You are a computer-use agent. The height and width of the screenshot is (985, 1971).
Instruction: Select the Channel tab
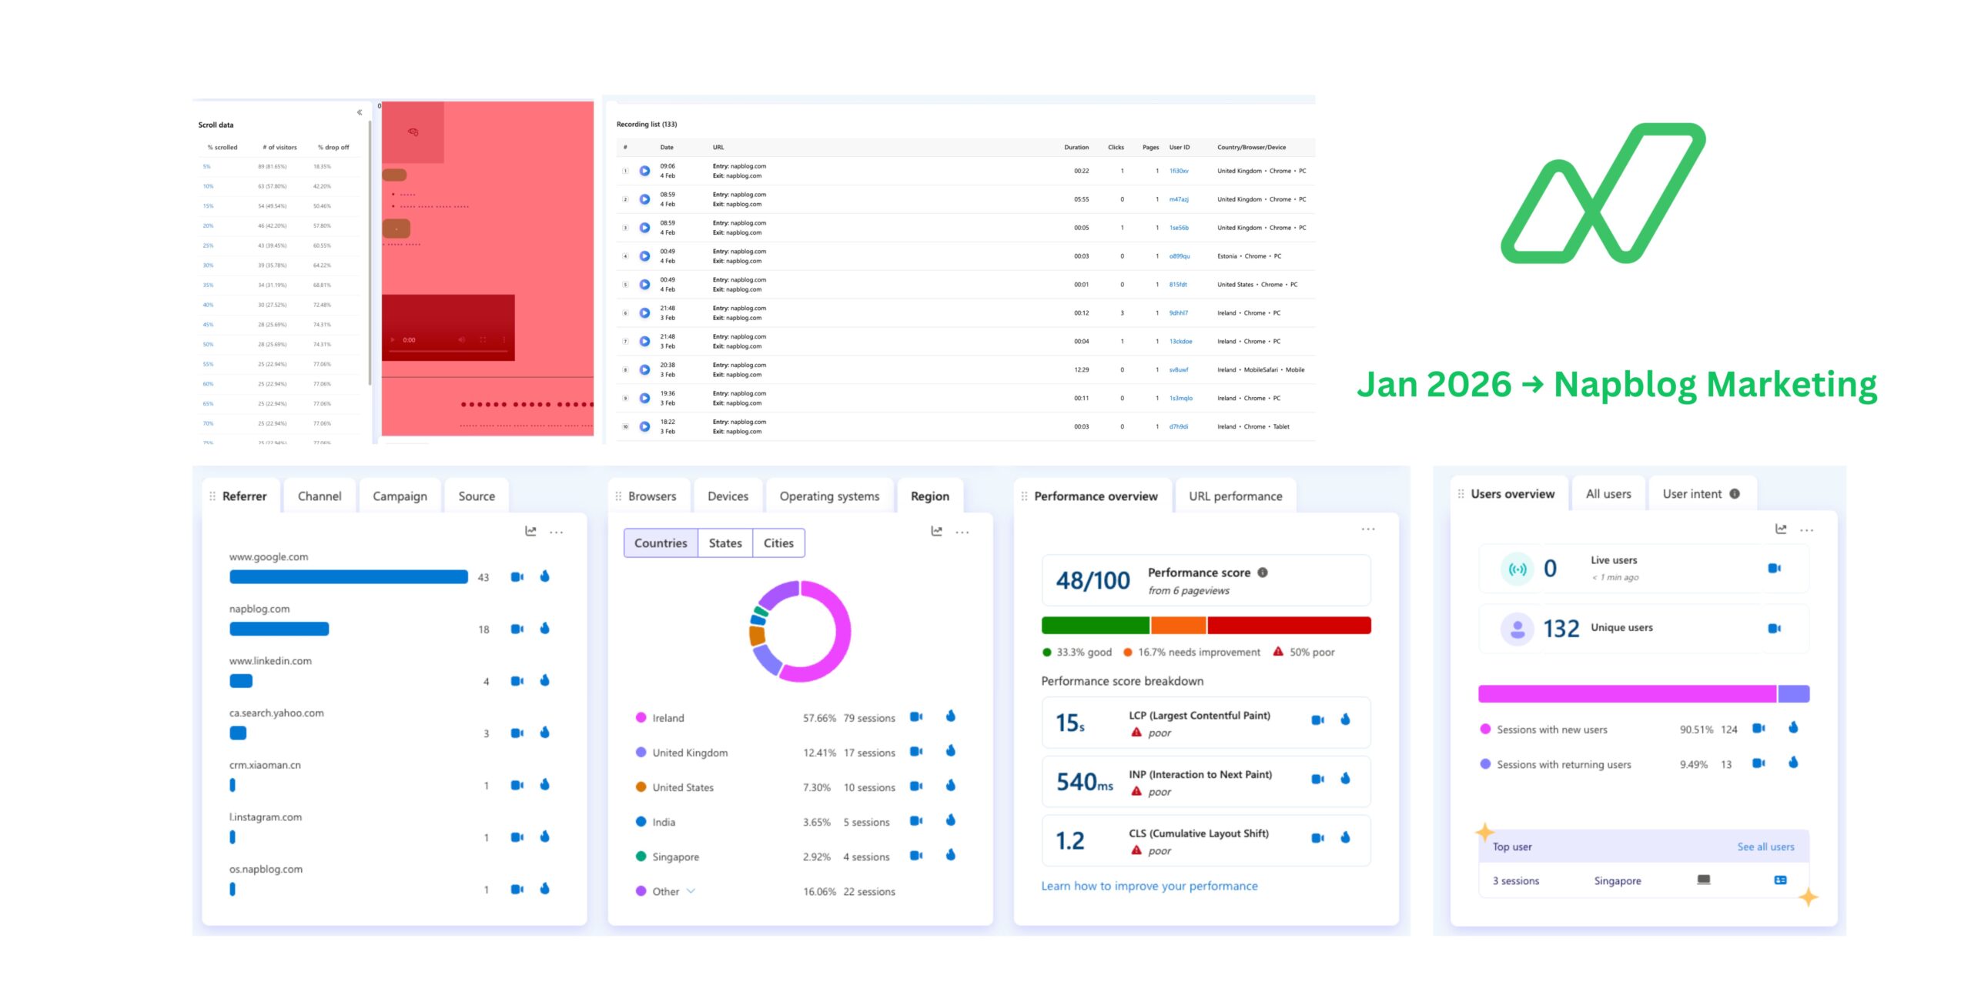(x=320, y=496)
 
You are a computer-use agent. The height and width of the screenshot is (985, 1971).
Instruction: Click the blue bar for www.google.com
(x=348, y=577)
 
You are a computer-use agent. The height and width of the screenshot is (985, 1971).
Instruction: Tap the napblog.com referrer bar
(x=279, y=629)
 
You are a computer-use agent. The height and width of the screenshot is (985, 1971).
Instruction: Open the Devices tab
(x=728, y=496)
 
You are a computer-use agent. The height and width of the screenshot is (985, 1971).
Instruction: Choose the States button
(x=724, y=543)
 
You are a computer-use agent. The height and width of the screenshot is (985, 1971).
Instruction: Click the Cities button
(x=778, y=543)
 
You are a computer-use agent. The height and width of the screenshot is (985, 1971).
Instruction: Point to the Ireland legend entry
(x=668, y=718)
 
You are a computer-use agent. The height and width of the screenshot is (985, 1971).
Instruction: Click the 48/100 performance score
(x=1093, y=581)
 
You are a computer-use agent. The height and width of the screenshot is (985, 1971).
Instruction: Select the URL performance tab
(x=1235, y=496)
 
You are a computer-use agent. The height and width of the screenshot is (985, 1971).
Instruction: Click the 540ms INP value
(x=1084, y=783)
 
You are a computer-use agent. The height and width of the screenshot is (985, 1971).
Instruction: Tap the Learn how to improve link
(x=1149, y=886)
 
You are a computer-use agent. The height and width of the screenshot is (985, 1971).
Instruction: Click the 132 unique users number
(x=1561, y=629)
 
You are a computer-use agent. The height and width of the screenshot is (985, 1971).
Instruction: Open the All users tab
(x=1608, y=494)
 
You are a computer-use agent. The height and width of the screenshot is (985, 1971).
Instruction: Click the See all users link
(x=1765, y=846)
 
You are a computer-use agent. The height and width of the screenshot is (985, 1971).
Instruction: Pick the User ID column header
(x=1179, y=147)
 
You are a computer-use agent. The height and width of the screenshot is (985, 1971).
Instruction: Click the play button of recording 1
(x=644, y=171)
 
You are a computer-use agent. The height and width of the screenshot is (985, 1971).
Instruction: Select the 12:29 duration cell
(x=1081, y=370)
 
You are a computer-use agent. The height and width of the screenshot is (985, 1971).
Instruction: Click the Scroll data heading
(x=216, y=125)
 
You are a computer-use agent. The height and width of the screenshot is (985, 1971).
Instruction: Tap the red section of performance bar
(x=1288, y=626)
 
